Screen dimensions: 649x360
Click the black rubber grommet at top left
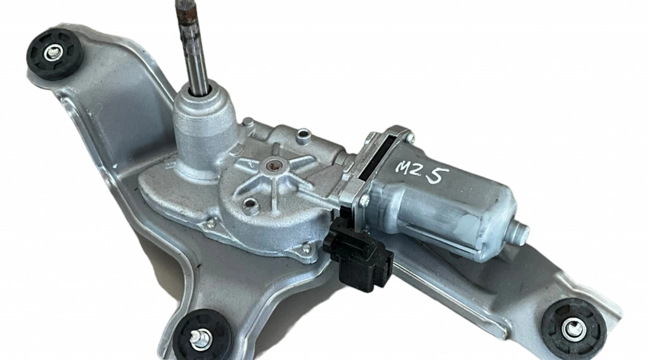pyautogui.click(x=55, y=54)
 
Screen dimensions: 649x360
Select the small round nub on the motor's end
pyautogui.click(x=520, y=232)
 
